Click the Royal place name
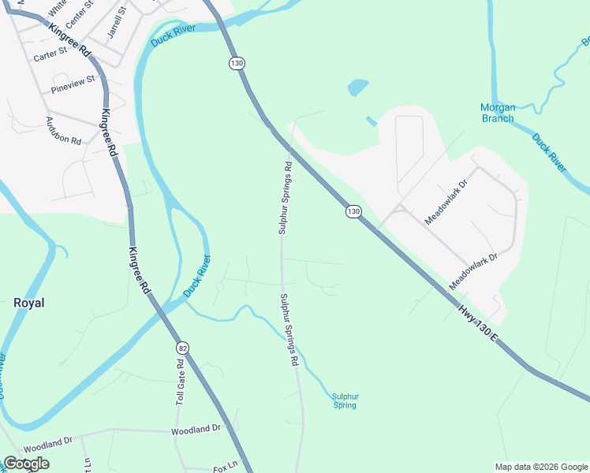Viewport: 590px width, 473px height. click(x=29, y=303)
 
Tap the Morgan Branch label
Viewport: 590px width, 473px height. click(x=498, y=113)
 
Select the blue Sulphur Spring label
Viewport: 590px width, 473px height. click(x=345, y=401)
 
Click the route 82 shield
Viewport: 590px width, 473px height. click(x=183, y=348)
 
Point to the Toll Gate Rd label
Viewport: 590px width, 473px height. click(x=180, y=382)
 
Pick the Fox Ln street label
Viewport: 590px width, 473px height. click(x=226, y=467)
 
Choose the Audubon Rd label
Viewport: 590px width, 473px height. click(x=64, y=131)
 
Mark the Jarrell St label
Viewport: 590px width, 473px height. click(x=117, y=24)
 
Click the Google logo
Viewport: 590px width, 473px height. click(x=26, y=464)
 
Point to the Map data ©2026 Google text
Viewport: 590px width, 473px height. click(x=541, y=467)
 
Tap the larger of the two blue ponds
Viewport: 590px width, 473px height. click(x=357, y=86)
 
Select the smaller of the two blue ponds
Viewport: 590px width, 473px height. click(x=371, y=121)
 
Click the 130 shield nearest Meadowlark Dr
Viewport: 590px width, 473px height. click(x=353, y=211)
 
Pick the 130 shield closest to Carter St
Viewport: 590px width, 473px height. click(x=236, y=63)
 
